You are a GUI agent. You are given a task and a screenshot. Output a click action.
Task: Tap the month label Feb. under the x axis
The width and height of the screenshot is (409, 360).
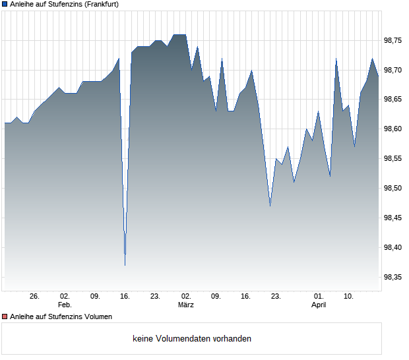click(65, 305)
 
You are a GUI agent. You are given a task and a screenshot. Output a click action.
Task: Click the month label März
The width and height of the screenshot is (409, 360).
click(186, 305)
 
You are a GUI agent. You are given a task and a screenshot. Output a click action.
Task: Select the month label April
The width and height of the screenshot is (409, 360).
click(319, 305)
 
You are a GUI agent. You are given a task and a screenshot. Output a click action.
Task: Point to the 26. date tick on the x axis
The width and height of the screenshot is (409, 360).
click(34, 297)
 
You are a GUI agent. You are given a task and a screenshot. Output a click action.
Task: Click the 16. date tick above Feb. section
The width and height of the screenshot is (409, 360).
click(125, 297)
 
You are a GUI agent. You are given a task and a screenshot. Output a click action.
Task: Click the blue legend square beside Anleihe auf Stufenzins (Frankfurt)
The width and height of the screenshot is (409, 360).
click(5, 5)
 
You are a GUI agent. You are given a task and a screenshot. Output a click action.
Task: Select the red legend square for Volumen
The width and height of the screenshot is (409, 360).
click(5, 316)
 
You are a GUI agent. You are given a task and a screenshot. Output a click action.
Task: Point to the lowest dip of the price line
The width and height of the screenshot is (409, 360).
click(125, 265)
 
